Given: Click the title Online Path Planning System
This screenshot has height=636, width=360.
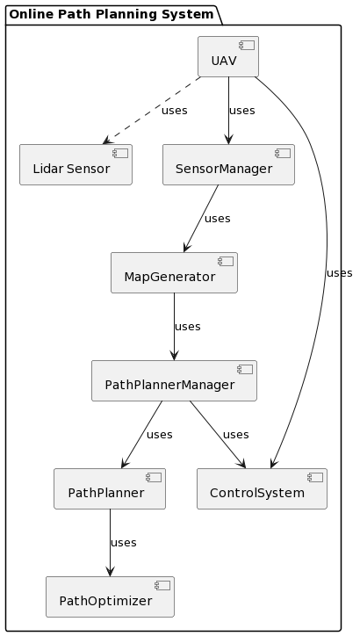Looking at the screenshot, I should [112, 14].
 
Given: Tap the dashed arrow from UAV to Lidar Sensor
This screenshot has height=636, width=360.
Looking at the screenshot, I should [151, 110].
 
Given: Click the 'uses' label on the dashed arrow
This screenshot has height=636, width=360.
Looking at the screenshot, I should [174, 111].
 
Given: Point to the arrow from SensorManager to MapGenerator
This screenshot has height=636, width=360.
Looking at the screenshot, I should [201, 219].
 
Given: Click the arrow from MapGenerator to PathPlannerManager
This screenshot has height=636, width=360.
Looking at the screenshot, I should [174, 327].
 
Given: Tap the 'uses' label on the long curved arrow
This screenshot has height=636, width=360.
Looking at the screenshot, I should [339, 273].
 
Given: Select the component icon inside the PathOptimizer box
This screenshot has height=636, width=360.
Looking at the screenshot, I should [162, 585].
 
